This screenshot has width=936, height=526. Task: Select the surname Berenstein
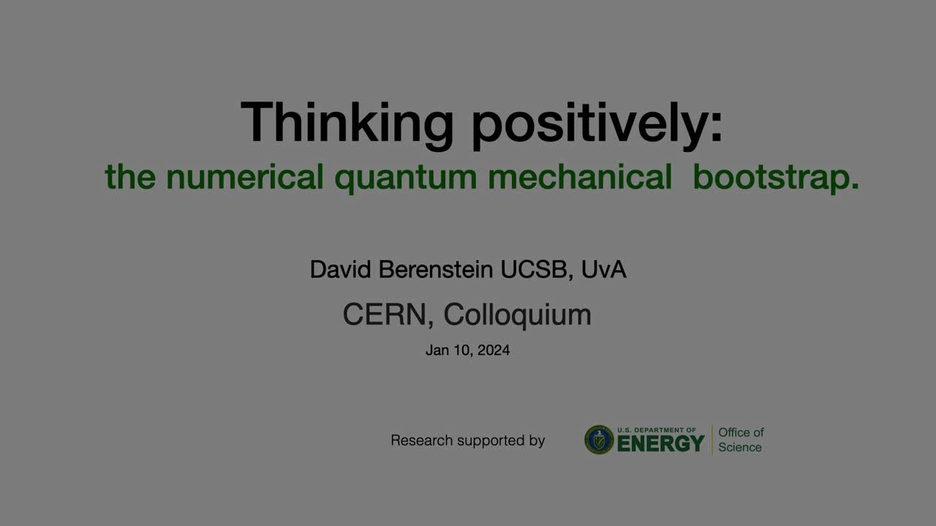click(x=435, y=270)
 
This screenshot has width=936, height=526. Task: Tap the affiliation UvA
click(x=604, y=270)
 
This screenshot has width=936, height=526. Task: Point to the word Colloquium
click(x=517, y=315)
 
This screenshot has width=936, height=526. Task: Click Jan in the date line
click(x=437, y=351)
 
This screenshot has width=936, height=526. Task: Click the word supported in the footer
click(x=482, y=441)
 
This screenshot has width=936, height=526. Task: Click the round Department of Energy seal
click(x=599, y=440)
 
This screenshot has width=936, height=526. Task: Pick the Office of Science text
click(x=740, y=440)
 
